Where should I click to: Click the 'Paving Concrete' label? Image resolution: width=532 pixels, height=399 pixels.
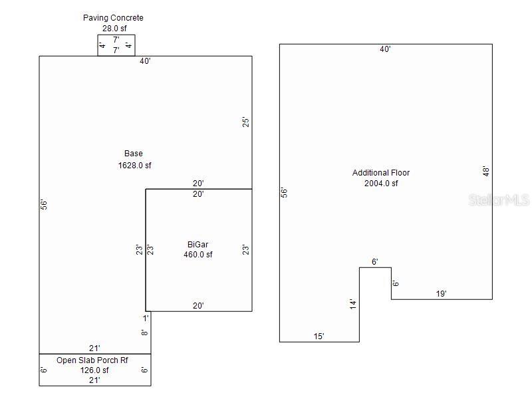click(x=113, y=18)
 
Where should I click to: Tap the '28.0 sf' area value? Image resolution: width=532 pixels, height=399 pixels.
click(x=114, y=29)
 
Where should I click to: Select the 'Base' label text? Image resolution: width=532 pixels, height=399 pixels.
click(x=134, y=154)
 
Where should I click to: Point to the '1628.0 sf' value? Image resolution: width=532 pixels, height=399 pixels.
click(x=135, y=166)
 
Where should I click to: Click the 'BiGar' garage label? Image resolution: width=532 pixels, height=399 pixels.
click(x=198, y=244)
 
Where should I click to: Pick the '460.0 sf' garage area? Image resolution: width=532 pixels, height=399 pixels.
click(x=198, y=254)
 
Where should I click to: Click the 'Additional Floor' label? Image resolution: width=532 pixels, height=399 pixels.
click(x=381, y=173)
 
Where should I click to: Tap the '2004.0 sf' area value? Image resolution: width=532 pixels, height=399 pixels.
click(x=381, y=184)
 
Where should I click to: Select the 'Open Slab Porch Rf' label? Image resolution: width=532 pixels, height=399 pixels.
click(x=92, y=360)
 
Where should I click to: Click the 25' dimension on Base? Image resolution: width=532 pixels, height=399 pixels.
click(x=245, y=122)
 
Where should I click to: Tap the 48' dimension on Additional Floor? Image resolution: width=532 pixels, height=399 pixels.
click(x=486, y=172)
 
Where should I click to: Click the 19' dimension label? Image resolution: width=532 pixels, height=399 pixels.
click(x=441, y=293)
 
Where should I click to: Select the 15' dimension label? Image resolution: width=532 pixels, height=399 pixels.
click(x=319, y=336)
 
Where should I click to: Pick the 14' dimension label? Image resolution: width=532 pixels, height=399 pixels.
click(x=354, y=304)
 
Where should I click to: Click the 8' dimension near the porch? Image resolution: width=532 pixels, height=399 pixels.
click(x=145, y=332)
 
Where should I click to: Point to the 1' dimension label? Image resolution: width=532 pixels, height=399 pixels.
click(x=145, y=318)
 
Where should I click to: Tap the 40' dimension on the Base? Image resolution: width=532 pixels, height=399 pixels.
click(x=145, y=61)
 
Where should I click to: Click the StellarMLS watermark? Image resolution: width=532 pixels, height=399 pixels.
click(x=499, y=199)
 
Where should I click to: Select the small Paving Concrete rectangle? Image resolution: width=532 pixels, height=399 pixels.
click(x=116, y=45)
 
